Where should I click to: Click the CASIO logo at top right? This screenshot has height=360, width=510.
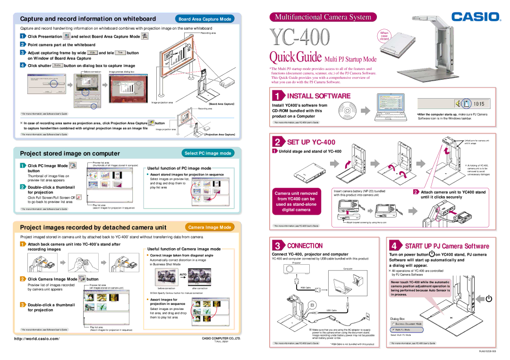(476, 17)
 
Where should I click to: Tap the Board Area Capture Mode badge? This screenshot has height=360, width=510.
(204, 19)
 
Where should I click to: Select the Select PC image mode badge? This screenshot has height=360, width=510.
(208, 153)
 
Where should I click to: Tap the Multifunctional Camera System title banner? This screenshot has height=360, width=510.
(323, 17)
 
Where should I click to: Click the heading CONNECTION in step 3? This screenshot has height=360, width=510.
(305, 245)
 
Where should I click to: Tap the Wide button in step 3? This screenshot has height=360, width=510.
(93, 53)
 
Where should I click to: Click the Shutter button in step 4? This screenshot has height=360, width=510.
(57, 65)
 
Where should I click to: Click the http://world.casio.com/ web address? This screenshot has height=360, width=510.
(41, 338)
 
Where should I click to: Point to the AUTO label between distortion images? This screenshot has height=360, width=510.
(183, 274)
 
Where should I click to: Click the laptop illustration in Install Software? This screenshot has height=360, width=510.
(391, 108)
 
